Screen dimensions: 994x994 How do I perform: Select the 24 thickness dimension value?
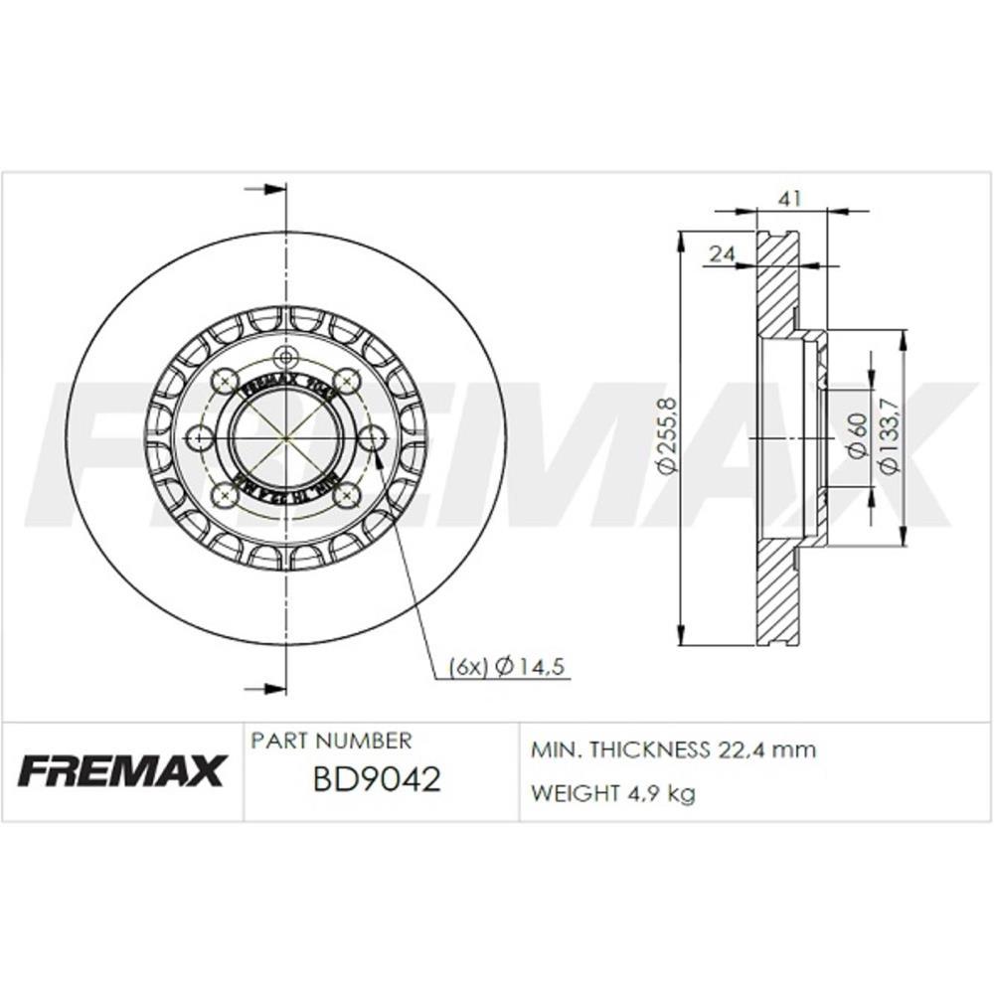click(x=722, y=254)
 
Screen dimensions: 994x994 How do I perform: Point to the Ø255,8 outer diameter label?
click(x=667, y=435)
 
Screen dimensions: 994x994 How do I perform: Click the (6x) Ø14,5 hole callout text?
click(x=506, y=667)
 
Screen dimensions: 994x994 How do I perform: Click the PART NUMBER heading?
click(x=331, y=741)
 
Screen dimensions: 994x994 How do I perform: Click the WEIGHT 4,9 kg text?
click(x=613, y=793)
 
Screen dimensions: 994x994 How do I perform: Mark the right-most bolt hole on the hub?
click(x=372, y=437)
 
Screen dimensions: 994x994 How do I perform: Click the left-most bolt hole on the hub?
click(x=200, y=437)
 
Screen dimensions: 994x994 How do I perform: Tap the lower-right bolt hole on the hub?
click(x=347, y=496)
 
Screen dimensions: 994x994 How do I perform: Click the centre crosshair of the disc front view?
click(x=286, y=437)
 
